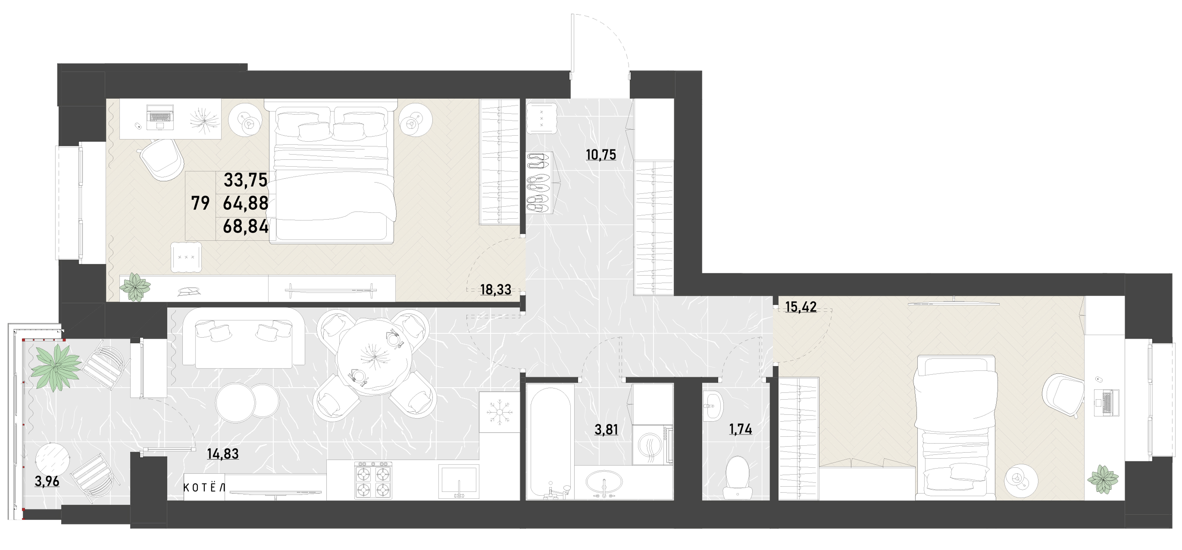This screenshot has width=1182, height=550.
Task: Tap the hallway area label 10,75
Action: tap(600, 155)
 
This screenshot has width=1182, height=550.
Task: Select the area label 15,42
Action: tap(801, 307)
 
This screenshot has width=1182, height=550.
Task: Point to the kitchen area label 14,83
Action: tap(222, 454)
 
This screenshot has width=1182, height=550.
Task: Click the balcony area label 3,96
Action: tap(47, 481)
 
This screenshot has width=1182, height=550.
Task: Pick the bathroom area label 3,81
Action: tap(606, 429)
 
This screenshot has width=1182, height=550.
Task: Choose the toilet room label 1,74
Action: tap(741, 429)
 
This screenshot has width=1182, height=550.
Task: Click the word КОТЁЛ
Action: tap(204, 487)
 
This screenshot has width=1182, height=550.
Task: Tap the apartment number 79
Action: tap(200, 203)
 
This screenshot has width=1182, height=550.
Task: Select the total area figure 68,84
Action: tap(245, 227)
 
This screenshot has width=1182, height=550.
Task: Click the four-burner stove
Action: tap(373, 480)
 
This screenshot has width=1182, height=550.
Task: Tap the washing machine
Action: tap(653, 444)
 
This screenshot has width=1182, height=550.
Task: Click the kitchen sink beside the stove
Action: tap(458, 481)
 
